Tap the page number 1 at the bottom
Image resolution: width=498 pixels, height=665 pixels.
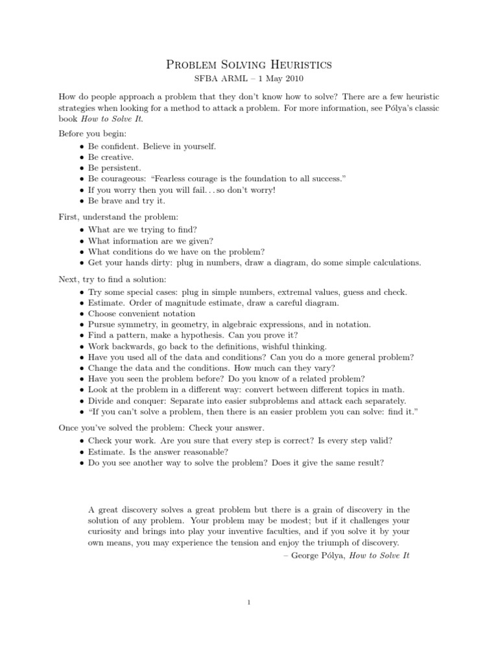click(x=249, y=602)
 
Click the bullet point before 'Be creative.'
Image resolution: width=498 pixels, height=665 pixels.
click(x=81, y=157)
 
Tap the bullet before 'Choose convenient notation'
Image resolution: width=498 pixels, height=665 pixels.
click(x=81, y=314)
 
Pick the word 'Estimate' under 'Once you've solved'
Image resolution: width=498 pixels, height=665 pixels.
click(x=106, y=451)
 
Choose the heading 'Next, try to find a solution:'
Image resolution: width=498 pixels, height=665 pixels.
click(x=112, y=279)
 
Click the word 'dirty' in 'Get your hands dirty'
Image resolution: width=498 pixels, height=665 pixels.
click(x=160, y=263)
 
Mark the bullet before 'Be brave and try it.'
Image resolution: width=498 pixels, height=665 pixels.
click(x=81, y=201)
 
